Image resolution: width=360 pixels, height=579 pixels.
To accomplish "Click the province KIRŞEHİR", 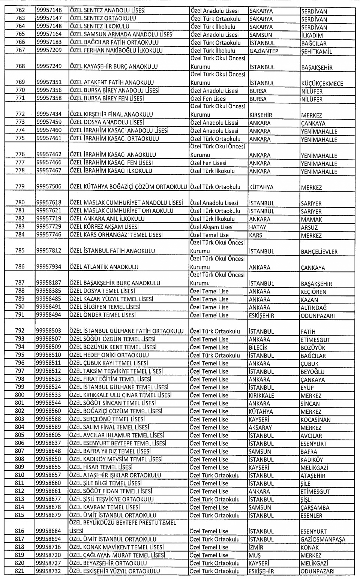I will point(261,115).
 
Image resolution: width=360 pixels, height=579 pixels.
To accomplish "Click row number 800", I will point(20,395).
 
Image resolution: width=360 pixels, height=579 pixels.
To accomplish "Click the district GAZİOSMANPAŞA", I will point(322,540).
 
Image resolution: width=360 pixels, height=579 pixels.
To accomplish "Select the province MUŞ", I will point(255,555).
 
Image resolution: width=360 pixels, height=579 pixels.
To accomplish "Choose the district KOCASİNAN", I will point(315,420).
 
